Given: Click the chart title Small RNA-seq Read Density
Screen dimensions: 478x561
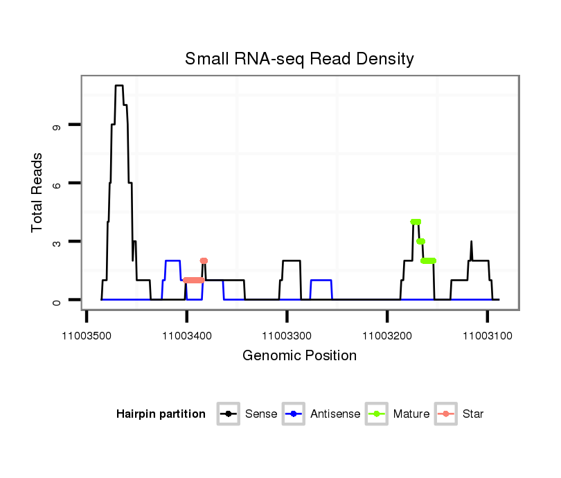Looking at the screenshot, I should coord(299,59).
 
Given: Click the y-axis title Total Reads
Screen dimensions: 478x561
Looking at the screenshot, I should coord(37,192).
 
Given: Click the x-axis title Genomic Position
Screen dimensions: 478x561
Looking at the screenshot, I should coord(299,356).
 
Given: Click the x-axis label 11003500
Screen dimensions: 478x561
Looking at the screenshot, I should coord(87,336).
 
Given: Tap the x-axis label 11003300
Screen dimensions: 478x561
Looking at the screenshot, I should coord(287,336).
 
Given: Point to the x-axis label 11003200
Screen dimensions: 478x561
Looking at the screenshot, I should coord(387,336).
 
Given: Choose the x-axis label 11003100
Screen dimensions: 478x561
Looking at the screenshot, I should coord(487,336).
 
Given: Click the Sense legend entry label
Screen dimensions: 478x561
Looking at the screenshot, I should coord(261,414).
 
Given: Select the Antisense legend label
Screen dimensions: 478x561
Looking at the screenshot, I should coord(335,414).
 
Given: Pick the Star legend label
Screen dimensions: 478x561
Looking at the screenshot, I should coord(473,414).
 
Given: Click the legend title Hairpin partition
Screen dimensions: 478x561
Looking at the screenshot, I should coord(161,414).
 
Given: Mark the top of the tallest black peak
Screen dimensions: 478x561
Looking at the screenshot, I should coord(119,86).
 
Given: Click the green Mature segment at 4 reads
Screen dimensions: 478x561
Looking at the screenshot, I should coord(416,222).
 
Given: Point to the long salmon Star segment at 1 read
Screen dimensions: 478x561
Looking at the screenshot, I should coord(194,281).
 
